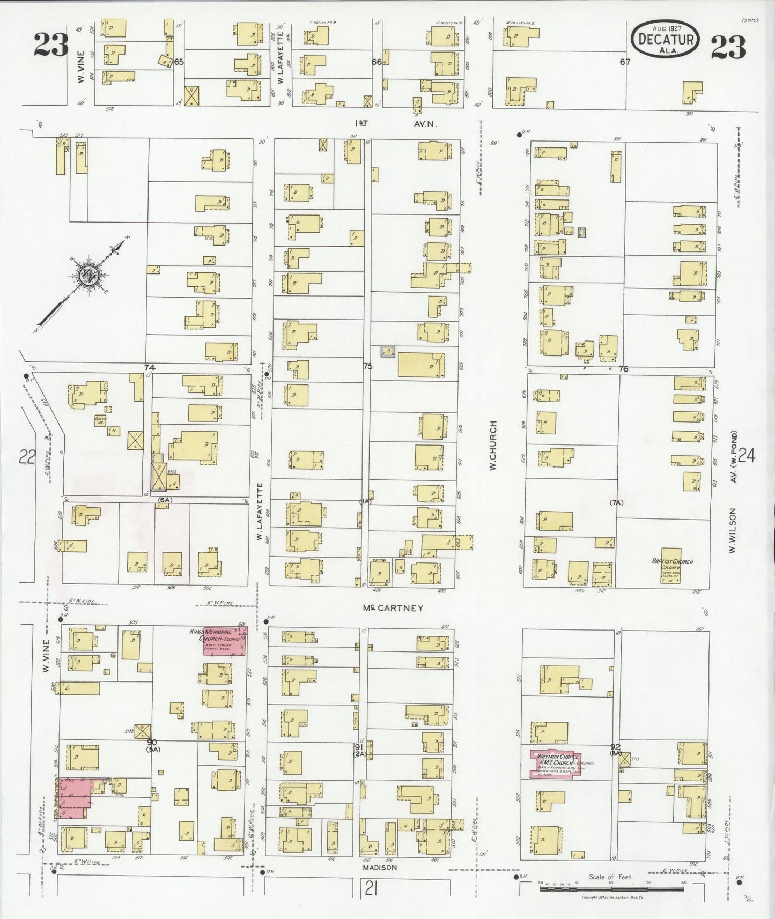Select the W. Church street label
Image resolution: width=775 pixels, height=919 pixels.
point(493,446)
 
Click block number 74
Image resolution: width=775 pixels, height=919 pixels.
point(149,367)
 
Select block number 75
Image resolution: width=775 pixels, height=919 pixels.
point(367,366)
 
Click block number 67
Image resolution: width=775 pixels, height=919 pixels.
point(625,62)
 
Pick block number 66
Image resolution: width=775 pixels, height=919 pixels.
point(377,62)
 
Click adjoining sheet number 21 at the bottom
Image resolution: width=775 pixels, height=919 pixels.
point(370,890)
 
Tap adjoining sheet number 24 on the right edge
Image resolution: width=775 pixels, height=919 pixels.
point(746,456)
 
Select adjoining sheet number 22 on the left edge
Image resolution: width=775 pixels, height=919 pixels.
point(27,457)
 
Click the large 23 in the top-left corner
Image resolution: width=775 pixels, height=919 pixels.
point(51,45)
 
